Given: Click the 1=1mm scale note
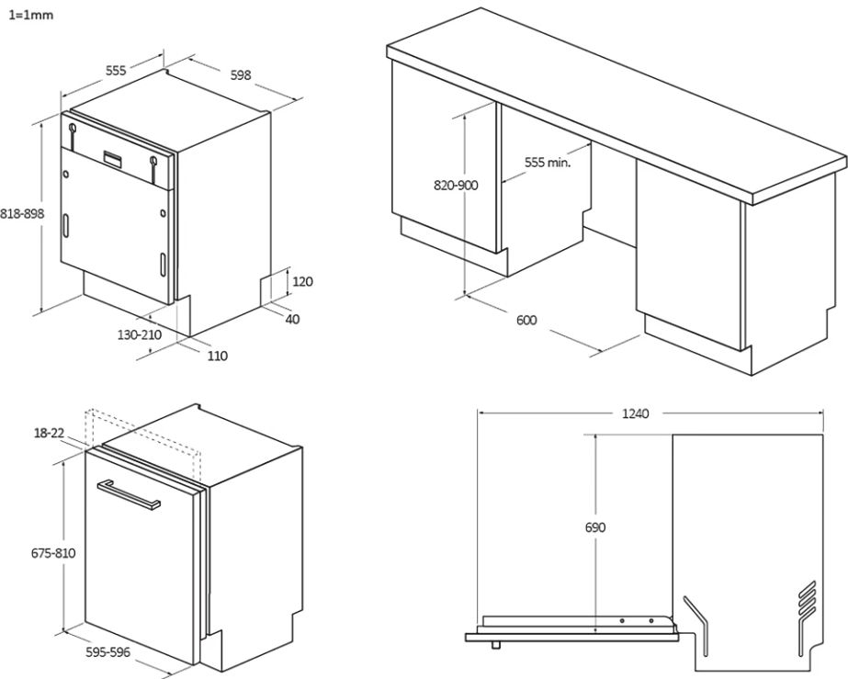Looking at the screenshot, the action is click(x=31, y=15).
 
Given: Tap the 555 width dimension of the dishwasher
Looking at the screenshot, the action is click(x=116, y=71).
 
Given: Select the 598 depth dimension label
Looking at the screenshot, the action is click(x=241, y=74).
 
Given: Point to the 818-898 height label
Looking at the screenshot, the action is click(x=22, y=214).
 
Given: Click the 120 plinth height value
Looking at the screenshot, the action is click(x=302, y=281).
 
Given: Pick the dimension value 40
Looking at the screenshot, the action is click(x=292, y=319).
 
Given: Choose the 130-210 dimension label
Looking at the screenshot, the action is click(x=140, y=334).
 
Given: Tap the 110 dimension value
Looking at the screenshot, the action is click(x=218, y=356).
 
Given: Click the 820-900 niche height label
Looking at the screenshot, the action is click(x=456, y=186).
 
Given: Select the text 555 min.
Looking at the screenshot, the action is click(x=548, y=162).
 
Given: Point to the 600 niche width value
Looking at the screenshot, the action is click(x=526, y=321).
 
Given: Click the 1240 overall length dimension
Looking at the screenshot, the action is click(x=635, y=413).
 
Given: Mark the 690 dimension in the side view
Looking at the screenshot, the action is click(x=595, y=527).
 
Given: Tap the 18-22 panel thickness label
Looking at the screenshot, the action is click(x=50, y=434).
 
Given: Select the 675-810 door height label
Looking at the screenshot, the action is click(x=53, y=553).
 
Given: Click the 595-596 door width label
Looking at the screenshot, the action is click(x=108, y=652).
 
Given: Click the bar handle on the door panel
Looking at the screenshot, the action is click(x=129, y=494).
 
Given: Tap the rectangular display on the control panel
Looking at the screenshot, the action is click(x=112, y=157).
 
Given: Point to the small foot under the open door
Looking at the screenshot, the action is click(x=495, y=644).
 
